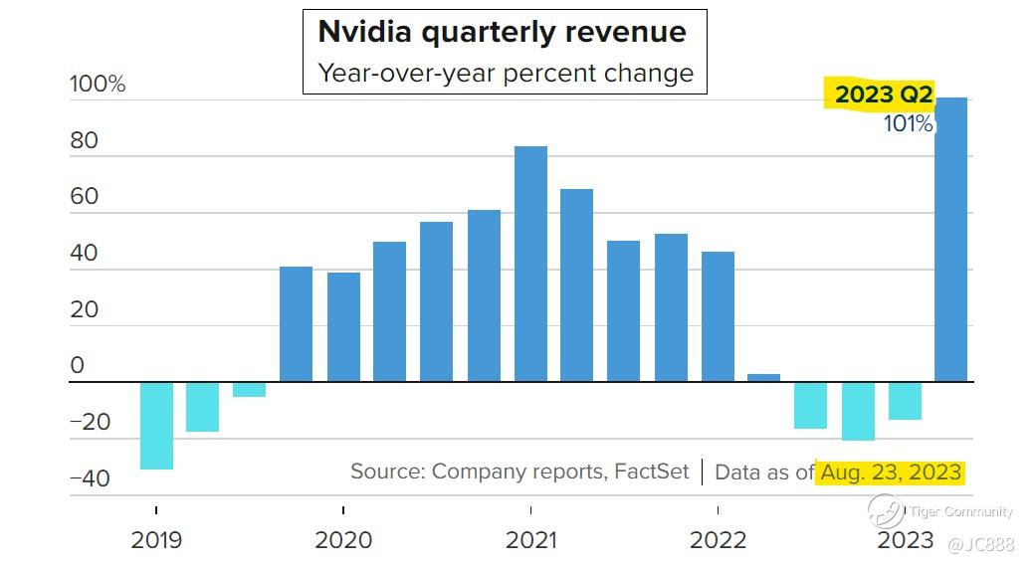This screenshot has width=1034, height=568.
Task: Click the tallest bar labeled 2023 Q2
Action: [951, 239]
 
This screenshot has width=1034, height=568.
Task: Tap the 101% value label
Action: [908, 124]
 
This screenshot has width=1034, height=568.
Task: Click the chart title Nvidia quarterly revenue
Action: [502, 32]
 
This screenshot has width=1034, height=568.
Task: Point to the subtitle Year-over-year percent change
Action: [505, 73]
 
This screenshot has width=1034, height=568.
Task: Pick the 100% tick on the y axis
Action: [98, 85]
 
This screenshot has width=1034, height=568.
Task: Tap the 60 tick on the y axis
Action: [85, 197]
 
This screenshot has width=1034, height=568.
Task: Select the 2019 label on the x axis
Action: [156, 540]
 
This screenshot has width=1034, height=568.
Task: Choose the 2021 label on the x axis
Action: [531, 540]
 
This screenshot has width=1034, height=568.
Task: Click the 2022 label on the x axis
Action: [718, 540]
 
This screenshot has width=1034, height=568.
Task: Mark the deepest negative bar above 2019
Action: [156, 425]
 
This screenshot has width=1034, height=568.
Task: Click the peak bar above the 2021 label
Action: [530, 264]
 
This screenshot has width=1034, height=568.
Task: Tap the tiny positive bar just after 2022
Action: [763, 377]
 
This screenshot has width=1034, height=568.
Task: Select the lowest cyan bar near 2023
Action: [858, 411]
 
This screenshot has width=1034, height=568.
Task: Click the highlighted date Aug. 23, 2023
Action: [891, 472]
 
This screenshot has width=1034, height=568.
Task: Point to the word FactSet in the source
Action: [651, 472]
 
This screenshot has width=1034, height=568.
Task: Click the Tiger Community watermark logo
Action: [885, 512]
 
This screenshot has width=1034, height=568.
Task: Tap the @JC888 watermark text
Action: [983, 544]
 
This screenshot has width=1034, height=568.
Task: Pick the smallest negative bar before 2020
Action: [249, 389]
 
